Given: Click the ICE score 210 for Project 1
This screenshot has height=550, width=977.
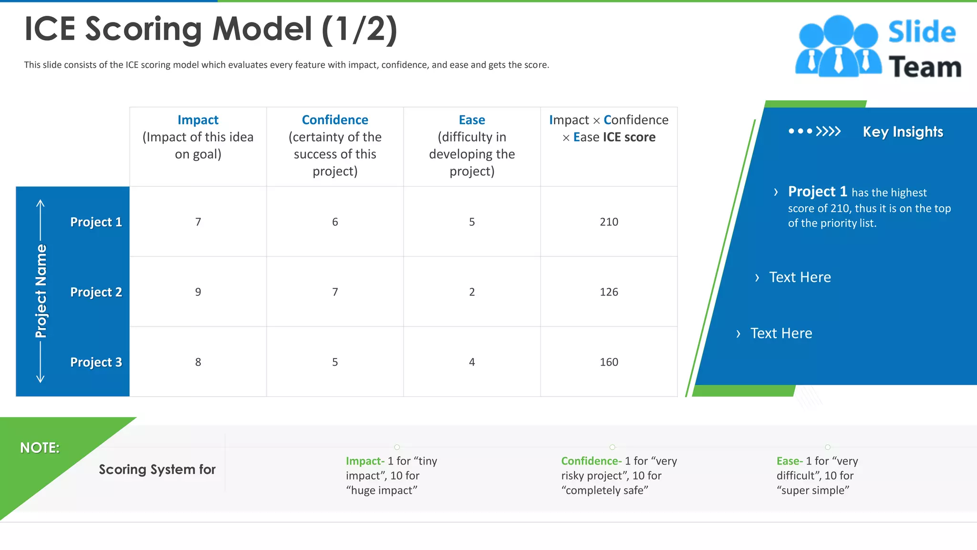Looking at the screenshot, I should (609, 222).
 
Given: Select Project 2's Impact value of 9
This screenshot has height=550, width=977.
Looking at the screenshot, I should (198, 292).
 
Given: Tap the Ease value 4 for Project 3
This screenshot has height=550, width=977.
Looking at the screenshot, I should (472, 362).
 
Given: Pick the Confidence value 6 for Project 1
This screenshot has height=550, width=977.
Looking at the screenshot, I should (335, 222).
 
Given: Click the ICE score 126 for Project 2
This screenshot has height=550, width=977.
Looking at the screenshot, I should (609, 292).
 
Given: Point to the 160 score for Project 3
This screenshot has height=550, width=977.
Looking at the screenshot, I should (609, 362).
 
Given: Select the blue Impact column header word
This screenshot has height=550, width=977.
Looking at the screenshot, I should (198, 120).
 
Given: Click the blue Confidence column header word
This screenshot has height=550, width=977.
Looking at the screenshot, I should (335, 120).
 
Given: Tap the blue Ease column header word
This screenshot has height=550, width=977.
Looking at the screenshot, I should (472, 120).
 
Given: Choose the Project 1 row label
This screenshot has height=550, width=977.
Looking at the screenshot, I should (96, 222).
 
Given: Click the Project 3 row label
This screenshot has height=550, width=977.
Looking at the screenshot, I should (96, 362).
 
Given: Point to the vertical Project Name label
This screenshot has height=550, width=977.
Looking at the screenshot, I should (42, 291).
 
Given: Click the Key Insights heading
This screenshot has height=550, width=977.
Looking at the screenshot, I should (903, 132).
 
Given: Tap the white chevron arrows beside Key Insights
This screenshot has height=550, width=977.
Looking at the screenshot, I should (828, 131).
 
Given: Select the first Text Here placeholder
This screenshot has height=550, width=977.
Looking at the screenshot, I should (800, 277).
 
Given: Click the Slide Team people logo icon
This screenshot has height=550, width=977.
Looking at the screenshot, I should (838, 47).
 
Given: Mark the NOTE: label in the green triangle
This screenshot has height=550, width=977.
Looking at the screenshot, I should (40, 448).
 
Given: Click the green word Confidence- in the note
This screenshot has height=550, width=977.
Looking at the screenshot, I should (591, 461).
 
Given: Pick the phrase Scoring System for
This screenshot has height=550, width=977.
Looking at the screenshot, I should (157, 470).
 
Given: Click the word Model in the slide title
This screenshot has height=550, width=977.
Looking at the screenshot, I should (262, 29).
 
